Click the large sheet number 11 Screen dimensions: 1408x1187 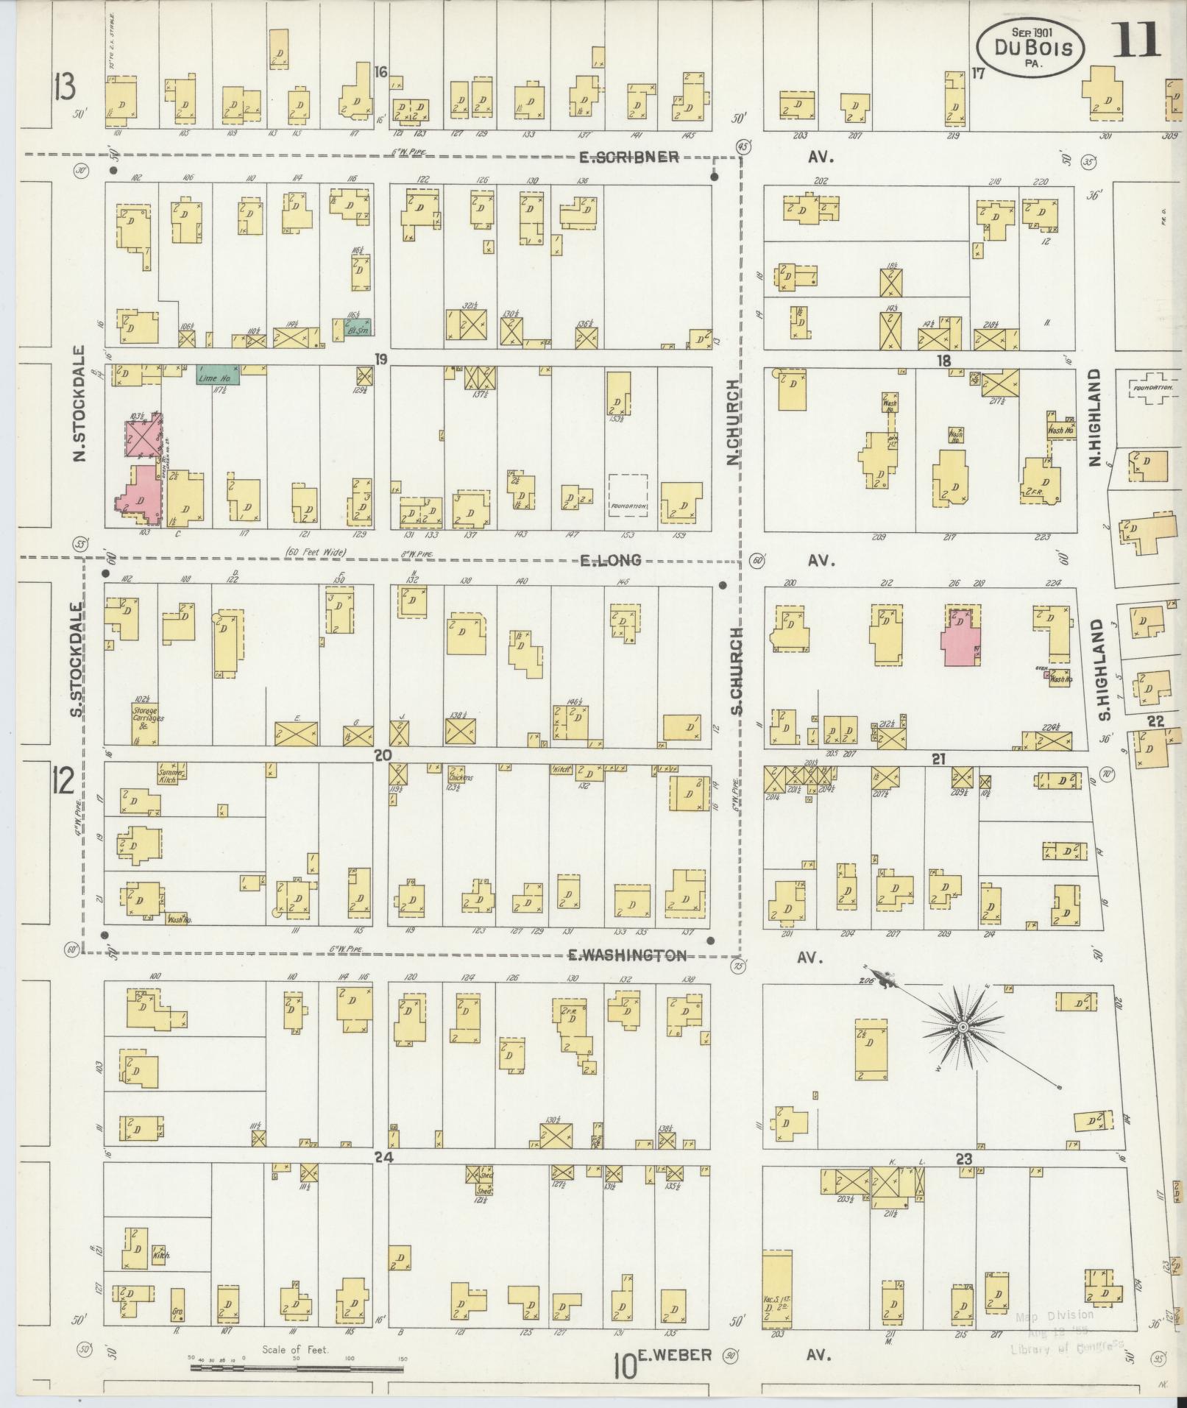click(1135, 40)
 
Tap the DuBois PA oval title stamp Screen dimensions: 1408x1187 click(1030, 48)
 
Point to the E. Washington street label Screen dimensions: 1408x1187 click(628, 955)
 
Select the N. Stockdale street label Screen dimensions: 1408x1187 click(80, 404)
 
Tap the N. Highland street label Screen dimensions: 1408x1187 click(1094, 417)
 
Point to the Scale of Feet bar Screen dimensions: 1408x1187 click(297, 1369)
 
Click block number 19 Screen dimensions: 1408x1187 click(380, 359)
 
